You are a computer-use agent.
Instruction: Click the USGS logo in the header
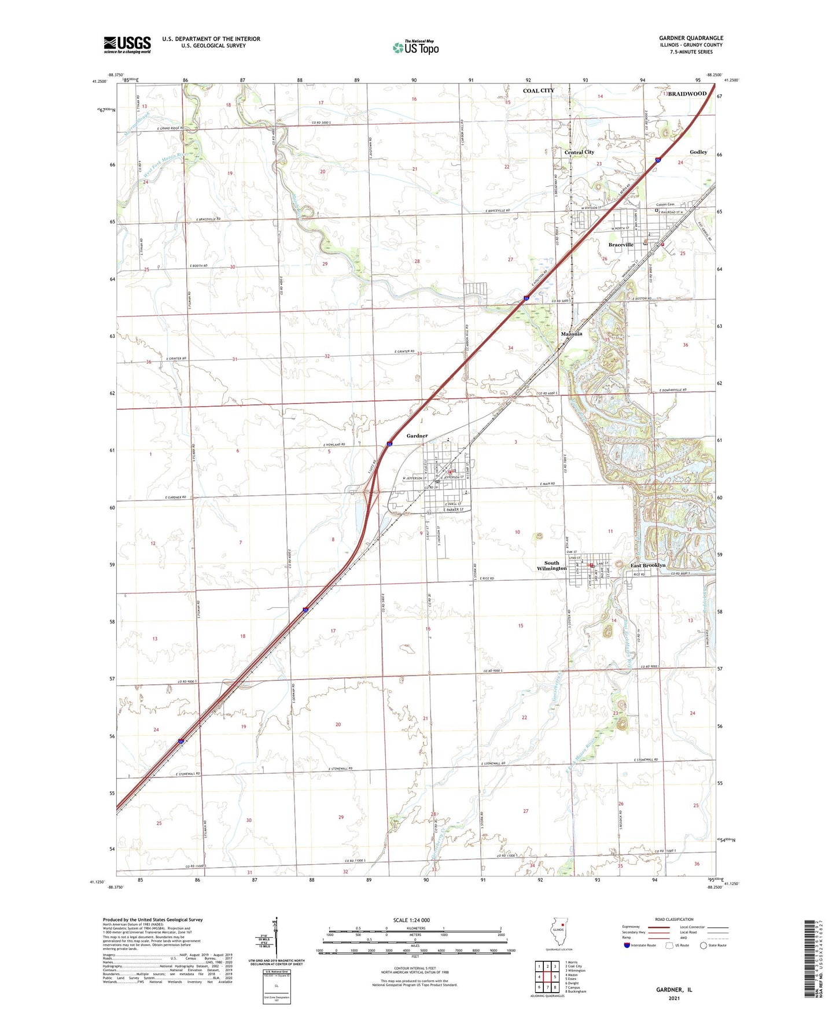[127, 45]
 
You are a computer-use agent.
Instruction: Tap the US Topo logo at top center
[415, 47]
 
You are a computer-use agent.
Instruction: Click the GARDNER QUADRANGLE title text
[691, 38]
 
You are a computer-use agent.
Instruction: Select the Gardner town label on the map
[417, 436]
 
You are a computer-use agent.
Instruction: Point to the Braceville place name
[621, 245]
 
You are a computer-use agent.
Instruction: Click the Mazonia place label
[572, 334]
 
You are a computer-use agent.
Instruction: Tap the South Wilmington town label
[551, 565]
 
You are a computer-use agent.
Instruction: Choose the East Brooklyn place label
[648, 565]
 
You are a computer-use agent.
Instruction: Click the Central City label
[579, 152]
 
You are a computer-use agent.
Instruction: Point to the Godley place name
[698, 152]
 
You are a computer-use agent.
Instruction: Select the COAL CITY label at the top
[539, 91]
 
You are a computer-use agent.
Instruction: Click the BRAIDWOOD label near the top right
[687, 94]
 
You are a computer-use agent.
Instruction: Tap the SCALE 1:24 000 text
[411, 920]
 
